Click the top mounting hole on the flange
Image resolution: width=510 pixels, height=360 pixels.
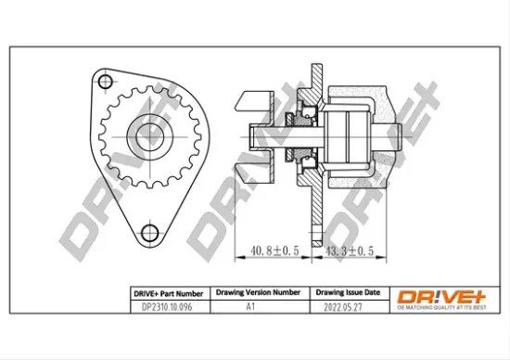105,84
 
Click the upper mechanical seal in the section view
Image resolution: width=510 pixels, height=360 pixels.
300,117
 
